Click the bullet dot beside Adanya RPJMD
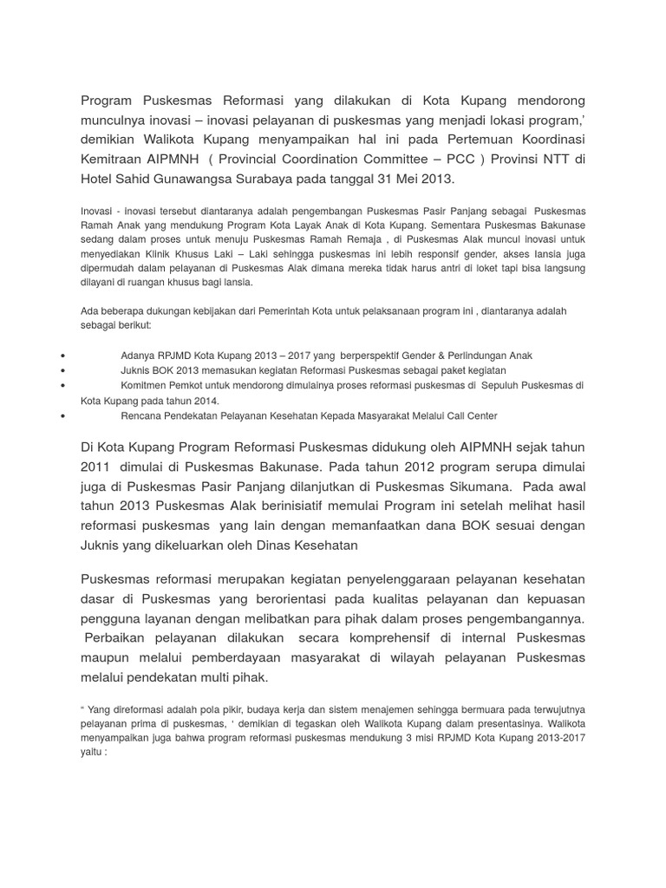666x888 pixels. pos(66,356)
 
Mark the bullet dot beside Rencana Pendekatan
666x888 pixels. pos(66,416)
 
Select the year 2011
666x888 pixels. pos(96,466)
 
